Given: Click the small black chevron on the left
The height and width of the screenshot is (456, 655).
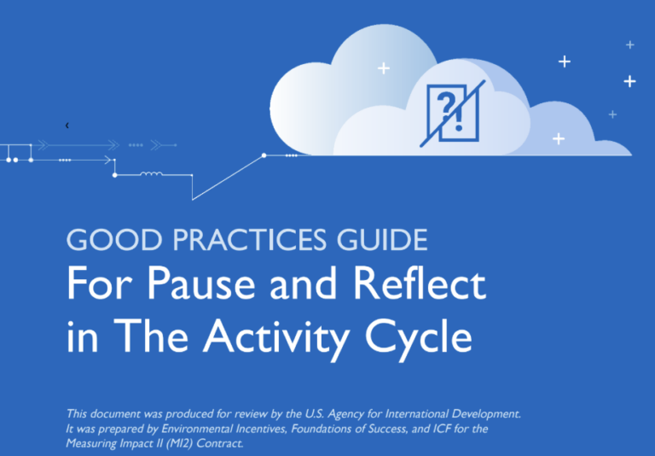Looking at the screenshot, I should [x=67, y=126].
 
